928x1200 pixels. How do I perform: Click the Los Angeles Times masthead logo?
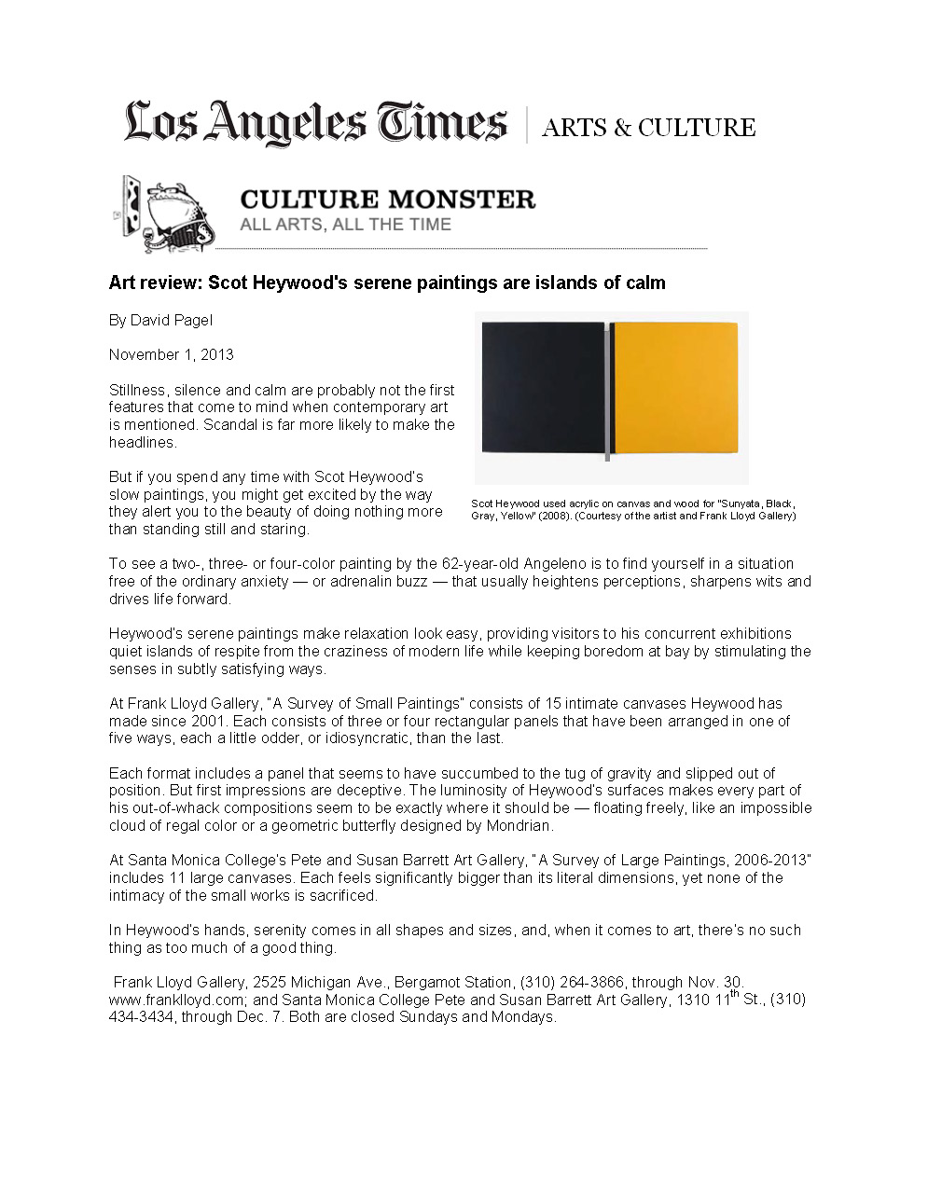(x=315, y=124)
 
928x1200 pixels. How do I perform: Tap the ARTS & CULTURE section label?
(x=648, y=128)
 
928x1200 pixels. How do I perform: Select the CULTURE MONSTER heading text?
(x=387, y=200)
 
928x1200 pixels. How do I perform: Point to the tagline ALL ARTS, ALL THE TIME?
(x=345, y=225)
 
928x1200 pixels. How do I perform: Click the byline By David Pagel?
(x=160, y=320)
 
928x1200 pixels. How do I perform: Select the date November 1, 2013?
(x=171, y=354)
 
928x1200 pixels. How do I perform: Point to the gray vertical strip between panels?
(x=607, y=392)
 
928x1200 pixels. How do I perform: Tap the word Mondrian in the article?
(x=519, y=825)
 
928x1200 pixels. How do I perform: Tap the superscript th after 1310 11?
(x=734, y=994)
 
